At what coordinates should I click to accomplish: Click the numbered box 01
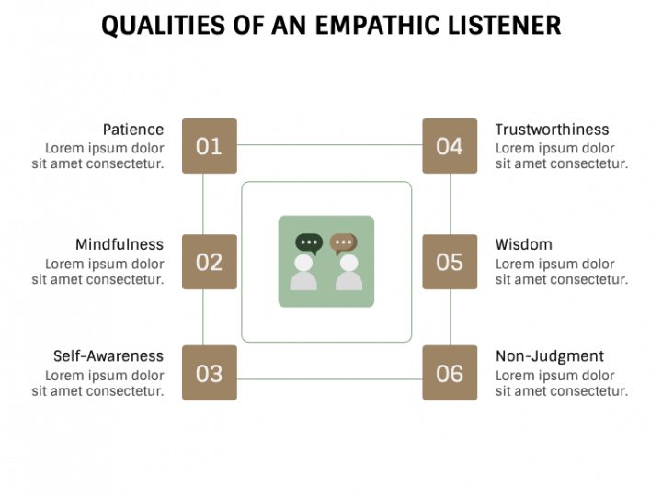209,146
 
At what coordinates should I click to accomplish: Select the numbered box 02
209,262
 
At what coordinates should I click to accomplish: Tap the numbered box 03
209,373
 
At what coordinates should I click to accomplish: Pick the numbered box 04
450,146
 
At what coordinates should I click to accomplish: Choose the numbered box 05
450,262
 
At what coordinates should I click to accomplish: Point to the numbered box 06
450,373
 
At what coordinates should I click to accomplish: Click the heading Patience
133,130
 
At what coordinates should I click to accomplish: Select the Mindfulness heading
120,244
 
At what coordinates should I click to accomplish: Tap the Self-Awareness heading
108,356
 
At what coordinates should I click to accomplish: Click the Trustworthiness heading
552,130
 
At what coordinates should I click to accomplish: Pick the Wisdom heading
524,244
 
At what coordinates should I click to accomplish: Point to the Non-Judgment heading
550,356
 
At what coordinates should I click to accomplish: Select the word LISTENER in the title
500,25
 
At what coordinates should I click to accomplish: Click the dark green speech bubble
308,244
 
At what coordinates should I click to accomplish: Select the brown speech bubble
344,244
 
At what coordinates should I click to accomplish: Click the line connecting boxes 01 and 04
329,145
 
